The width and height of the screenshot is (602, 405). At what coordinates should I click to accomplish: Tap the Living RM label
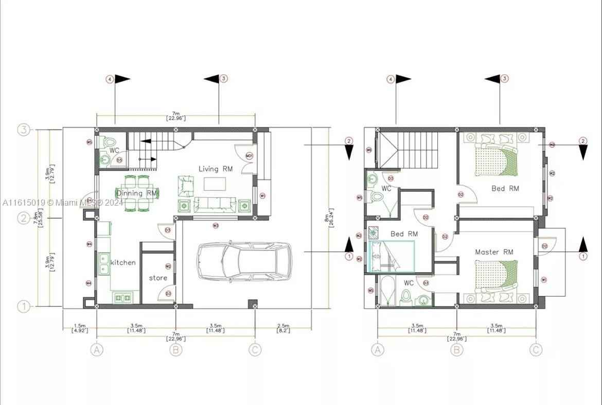(216, 168)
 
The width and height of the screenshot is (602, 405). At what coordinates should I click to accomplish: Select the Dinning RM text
(136, 193)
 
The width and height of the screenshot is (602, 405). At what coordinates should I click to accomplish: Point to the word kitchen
(123, 262)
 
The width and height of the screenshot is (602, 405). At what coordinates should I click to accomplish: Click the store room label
(158, 278)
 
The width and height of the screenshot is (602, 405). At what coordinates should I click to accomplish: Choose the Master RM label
(494, 252)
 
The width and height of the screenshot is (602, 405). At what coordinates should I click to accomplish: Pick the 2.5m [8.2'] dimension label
(282, 328)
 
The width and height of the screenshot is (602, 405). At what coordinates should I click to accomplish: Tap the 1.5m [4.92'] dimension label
(79, 328)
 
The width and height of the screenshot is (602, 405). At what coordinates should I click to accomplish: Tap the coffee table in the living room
(215, 183)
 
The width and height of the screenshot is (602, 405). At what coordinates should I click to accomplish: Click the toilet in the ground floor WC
(108, 142)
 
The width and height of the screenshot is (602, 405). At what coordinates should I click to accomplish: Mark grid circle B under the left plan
(176, 350)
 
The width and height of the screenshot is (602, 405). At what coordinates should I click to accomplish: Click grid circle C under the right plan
(536, 350)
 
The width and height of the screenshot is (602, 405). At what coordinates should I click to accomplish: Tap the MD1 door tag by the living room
(249, 156)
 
